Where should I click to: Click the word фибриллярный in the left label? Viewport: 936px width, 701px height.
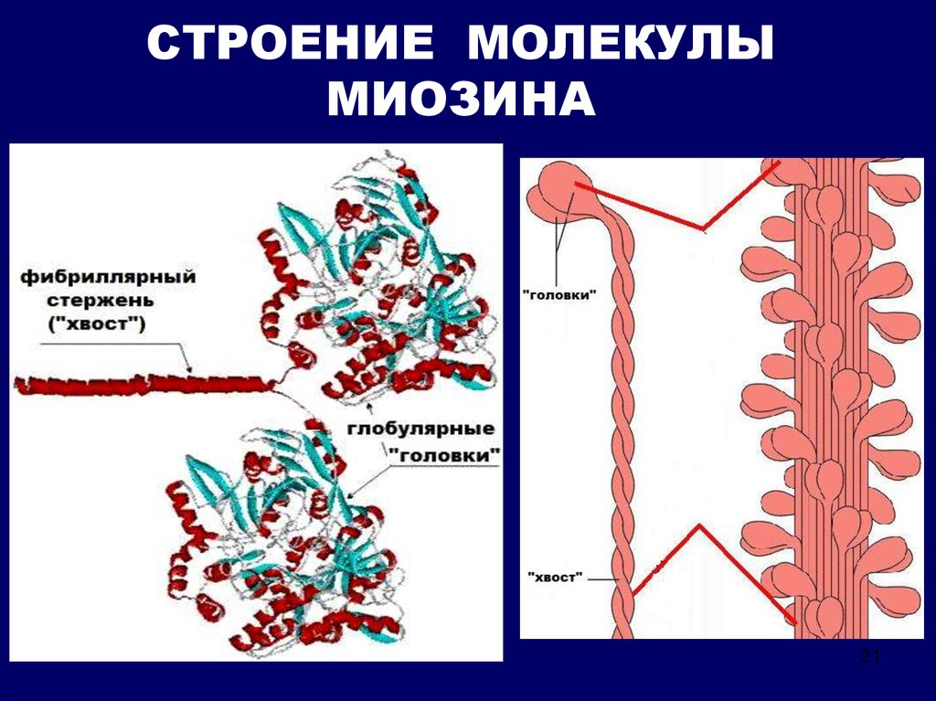tap(108, 275)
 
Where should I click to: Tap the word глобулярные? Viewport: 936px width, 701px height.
tap(423, 428)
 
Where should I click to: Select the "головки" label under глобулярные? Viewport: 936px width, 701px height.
tap(446, 452)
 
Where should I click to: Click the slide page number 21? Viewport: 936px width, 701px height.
tap(868, 656)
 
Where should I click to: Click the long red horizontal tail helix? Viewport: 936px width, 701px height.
tap(137, 384)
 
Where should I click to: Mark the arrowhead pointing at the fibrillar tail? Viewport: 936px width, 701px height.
tap(189, 368)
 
